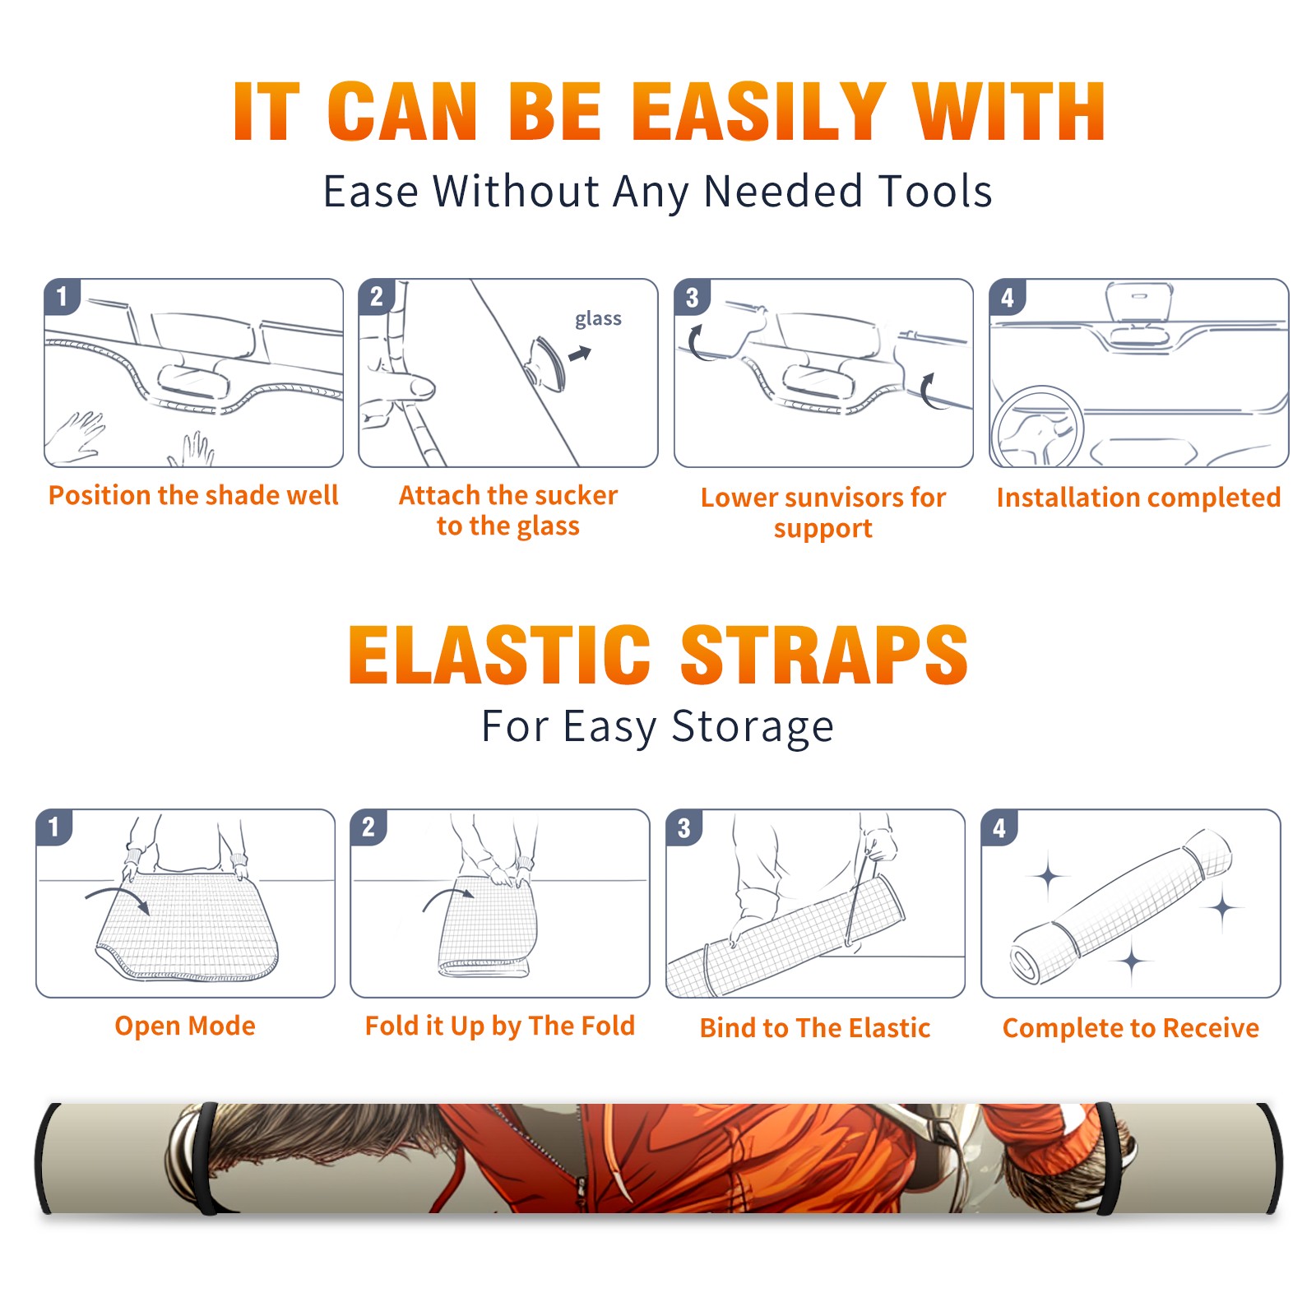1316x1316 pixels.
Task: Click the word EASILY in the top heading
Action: [758, 111]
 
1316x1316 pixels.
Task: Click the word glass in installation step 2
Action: [598, 319]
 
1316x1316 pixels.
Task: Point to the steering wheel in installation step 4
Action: [1036, 428]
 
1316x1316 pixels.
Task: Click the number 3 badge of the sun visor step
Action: [692, 297]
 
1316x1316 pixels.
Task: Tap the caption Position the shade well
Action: [193, 495]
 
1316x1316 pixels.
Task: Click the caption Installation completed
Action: [1138, 498]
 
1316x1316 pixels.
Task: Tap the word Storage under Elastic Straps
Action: [753, 727]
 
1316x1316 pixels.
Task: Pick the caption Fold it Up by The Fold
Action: [500, 1026]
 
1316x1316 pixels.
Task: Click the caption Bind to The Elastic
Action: [815, 1028]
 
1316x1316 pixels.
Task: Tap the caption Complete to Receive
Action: [1131, 1028]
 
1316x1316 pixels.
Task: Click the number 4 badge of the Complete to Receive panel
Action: [999, 827]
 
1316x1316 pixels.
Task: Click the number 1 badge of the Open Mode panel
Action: [54, 827]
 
